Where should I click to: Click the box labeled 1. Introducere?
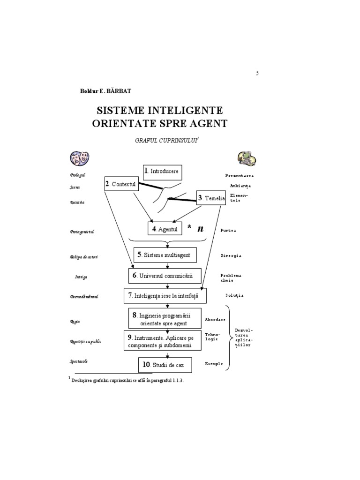[x=162, y=172]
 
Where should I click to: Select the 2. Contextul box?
[x=120, y=184]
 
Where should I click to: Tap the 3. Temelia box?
[x=211, y=199]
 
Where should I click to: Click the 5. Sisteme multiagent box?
[x=165, y=255]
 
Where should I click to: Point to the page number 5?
[x=257, y=73]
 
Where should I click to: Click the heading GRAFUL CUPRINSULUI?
[x=158, y=141]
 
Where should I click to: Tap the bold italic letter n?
[x=201, y=228]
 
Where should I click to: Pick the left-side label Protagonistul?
[x=82, y=231]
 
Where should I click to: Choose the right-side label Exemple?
[x=213, y=363]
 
